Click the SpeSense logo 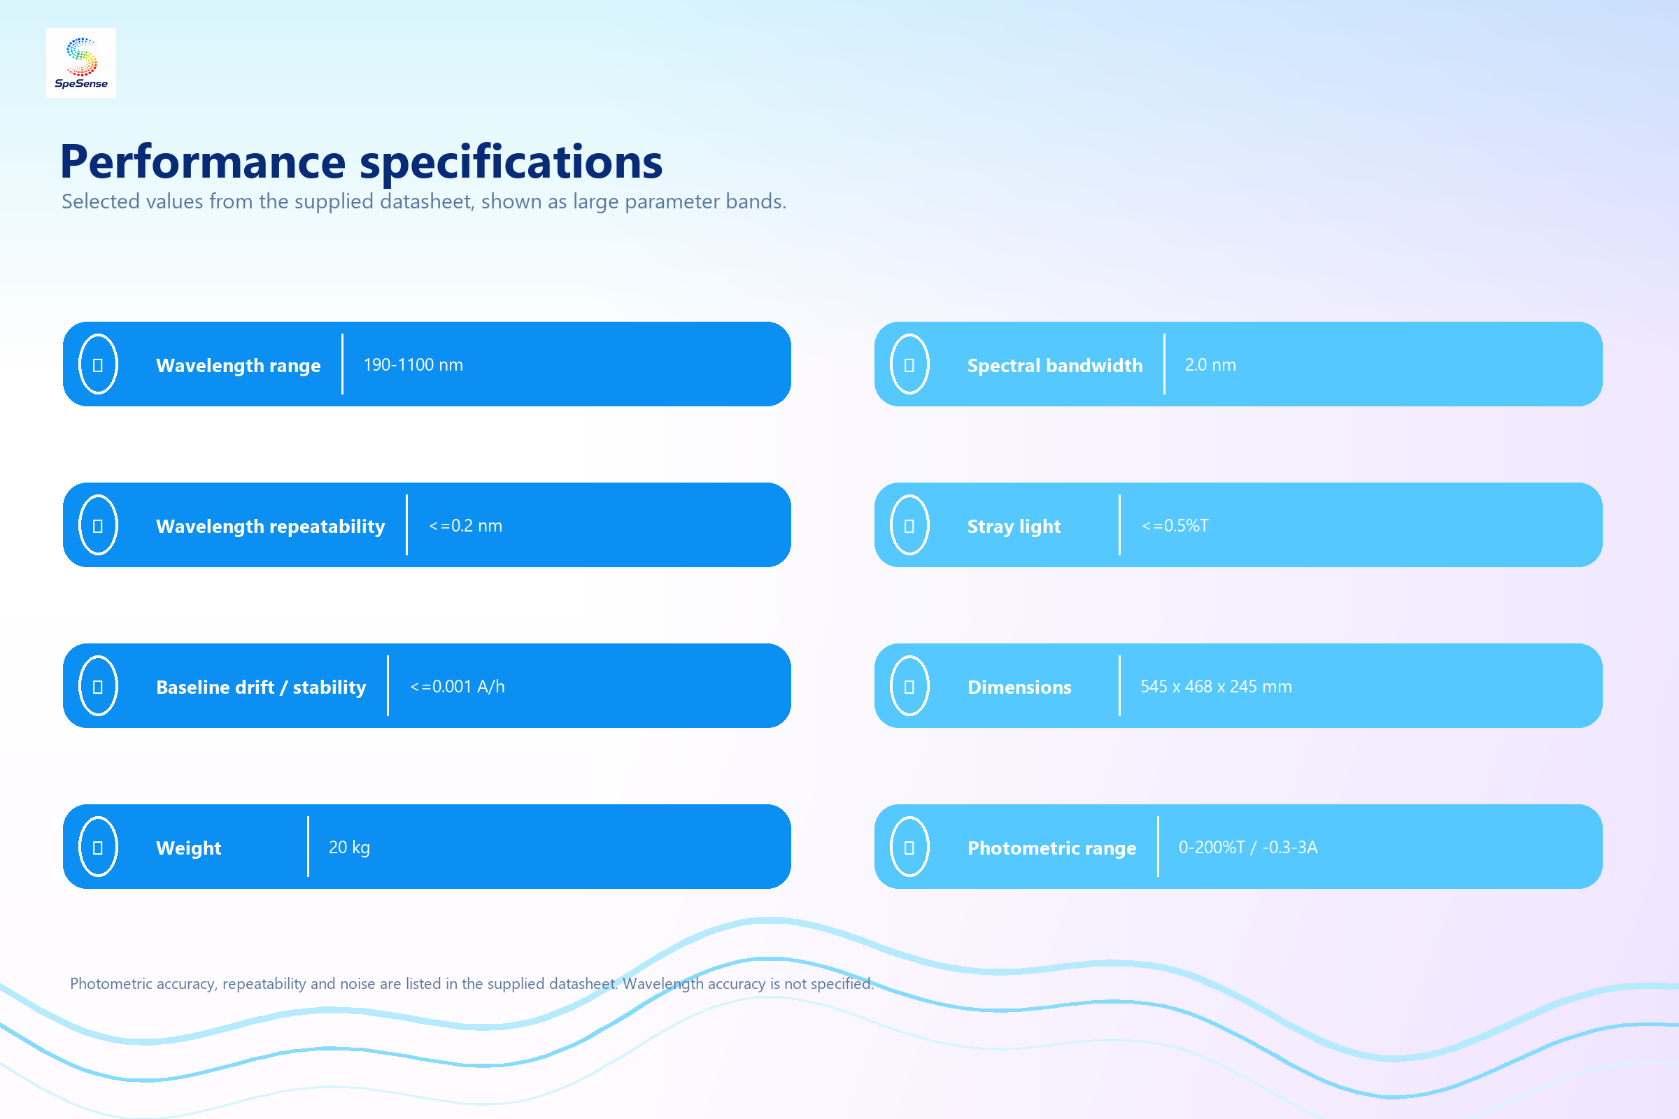point(80,63)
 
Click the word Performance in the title point(203,162)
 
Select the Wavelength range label point(239,365)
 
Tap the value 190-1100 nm point(413,364)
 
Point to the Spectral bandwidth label point(1054,365)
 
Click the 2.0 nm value point(1210,364)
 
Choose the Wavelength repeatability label point(271,526)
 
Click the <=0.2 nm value point(465,525)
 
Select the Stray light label point(1014,526)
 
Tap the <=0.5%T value point(1175,525)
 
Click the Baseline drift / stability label point(260,687)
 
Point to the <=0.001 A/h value point(457,686)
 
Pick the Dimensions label point(1019,687)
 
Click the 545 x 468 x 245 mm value point(1216,686)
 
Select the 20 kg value point(349,847)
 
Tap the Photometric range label point(1051,848)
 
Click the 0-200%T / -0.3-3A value point(1248,847)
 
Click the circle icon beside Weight point(78,847)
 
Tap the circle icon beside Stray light point(890,525)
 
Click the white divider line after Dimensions point(1119,686)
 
